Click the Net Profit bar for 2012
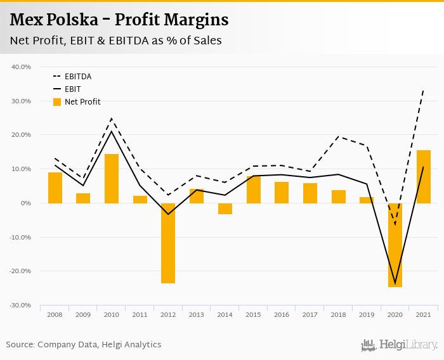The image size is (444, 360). (x=168, y=243)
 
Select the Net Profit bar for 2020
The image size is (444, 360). (x=395, y=245)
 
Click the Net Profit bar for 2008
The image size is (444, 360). (x=55, y=188)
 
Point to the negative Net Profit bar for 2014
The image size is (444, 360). (x=225, y=209)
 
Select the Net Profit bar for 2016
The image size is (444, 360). (x=282, y=192)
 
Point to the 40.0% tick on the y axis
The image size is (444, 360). (x=22, y=67)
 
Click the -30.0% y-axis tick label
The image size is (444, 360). (x=20, y=305)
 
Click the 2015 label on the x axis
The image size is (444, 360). (x=253, y=315)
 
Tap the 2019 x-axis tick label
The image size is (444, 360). (x=367, y=315)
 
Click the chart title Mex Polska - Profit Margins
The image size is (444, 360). (x=119, y=20)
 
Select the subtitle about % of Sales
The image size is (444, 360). (x=115, y=41)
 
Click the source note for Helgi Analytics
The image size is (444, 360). (x=84, y=345)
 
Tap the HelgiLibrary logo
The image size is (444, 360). (x=399, y=345)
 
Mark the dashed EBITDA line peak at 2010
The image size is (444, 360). (x=112, y=119)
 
